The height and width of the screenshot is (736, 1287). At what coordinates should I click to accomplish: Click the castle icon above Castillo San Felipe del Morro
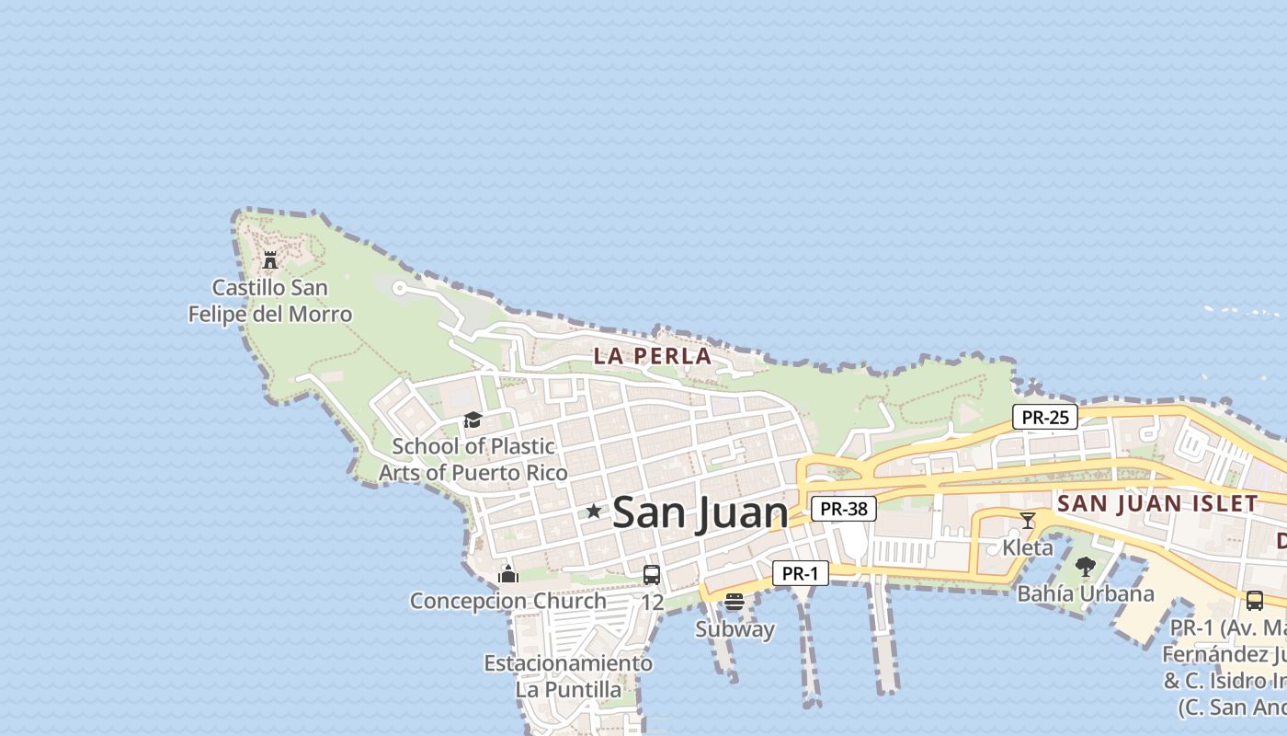[270, 260]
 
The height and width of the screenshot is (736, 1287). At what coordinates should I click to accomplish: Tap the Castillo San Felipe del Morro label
[270, 301]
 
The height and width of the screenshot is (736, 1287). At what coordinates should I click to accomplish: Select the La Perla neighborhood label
[652, 356]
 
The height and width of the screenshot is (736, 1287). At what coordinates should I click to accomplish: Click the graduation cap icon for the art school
[473, 420]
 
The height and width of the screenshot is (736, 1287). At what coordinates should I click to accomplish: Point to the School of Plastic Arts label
[473, 459]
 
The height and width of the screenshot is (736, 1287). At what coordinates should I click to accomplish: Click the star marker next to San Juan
[594, 511]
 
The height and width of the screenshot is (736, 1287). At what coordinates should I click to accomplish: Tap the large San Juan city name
[700, 512]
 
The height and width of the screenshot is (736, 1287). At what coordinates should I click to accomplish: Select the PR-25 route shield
[1045, 417]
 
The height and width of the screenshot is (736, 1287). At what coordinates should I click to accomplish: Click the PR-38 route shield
[843, 509]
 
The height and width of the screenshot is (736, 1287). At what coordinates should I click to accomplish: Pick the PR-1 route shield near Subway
[800, 574]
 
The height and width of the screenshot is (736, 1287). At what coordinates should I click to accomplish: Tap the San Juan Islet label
[1157, 503]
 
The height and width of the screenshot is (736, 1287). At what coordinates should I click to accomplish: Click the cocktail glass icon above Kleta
[1028, 521]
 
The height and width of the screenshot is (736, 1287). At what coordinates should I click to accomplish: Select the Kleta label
[1028, 548]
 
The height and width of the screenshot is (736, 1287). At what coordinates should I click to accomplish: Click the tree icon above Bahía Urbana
[1086, 567]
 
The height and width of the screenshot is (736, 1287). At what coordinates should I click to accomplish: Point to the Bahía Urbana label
[1086, 593]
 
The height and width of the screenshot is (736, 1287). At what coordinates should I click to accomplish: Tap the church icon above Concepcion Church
[508, 575]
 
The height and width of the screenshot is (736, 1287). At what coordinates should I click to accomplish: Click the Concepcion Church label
[508, 601]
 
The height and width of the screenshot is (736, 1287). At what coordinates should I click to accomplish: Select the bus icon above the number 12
[652, 575]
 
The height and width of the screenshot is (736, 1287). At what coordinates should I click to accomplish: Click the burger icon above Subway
[734, 603]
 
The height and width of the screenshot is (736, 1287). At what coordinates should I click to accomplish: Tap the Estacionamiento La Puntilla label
[568, 676]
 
